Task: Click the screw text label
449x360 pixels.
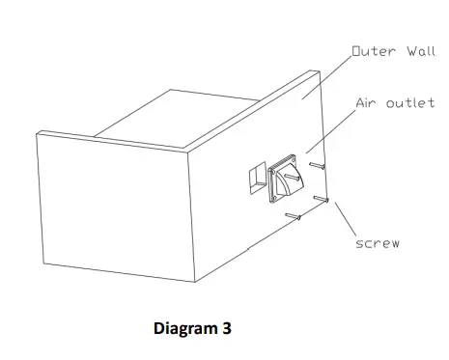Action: [x=378, y=244]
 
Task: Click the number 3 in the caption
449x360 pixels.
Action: [x=226, y=328]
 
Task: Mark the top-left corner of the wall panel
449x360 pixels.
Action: [x=36, y=133]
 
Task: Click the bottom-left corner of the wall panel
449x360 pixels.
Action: [x=41, y=258]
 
